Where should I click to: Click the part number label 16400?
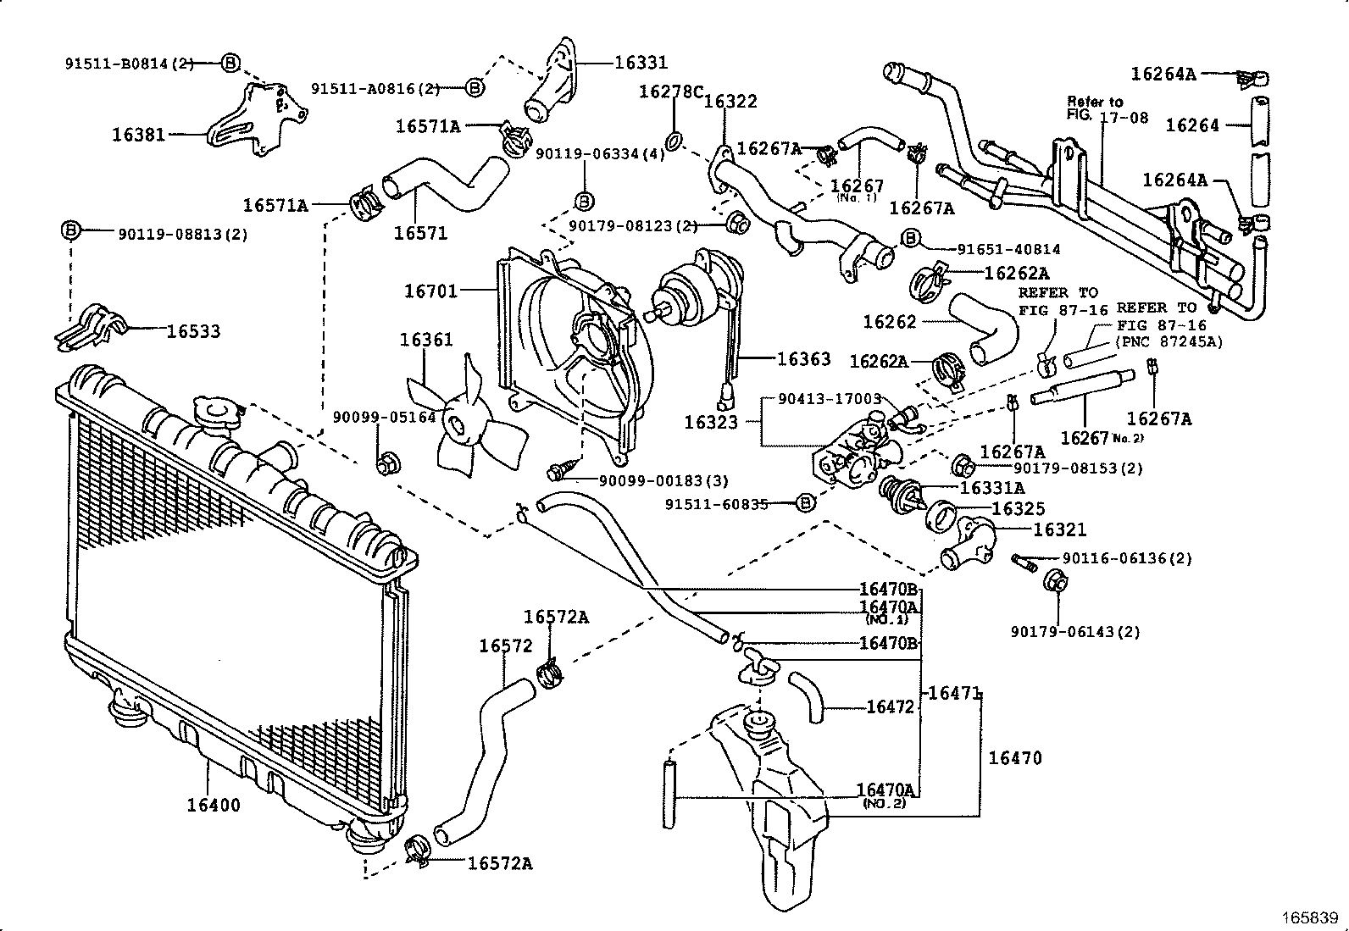click(214, 805)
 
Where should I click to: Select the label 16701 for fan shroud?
click(430, 291)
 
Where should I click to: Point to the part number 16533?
click(193, 331)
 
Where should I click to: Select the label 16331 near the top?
click(641, 62)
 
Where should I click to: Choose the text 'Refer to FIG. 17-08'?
click(1107, 109)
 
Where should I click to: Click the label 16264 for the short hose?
click(1192, 125)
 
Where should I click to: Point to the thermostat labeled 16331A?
click(900, 494)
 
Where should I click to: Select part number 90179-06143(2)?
click(1075, 631)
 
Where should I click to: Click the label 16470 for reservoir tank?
click(1015, 757)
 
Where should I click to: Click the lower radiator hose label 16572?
click(505, 646)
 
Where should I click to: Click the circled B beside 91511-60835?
click(806, 504)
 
